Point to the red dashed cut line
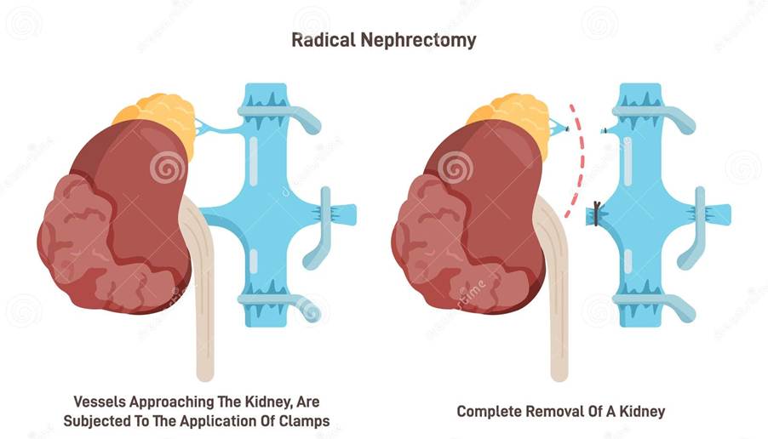click(x=580, y=162)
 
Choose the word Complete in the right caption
click(x=490, y=411)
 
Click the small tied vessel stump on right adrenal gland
click(x=558, y=128)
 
